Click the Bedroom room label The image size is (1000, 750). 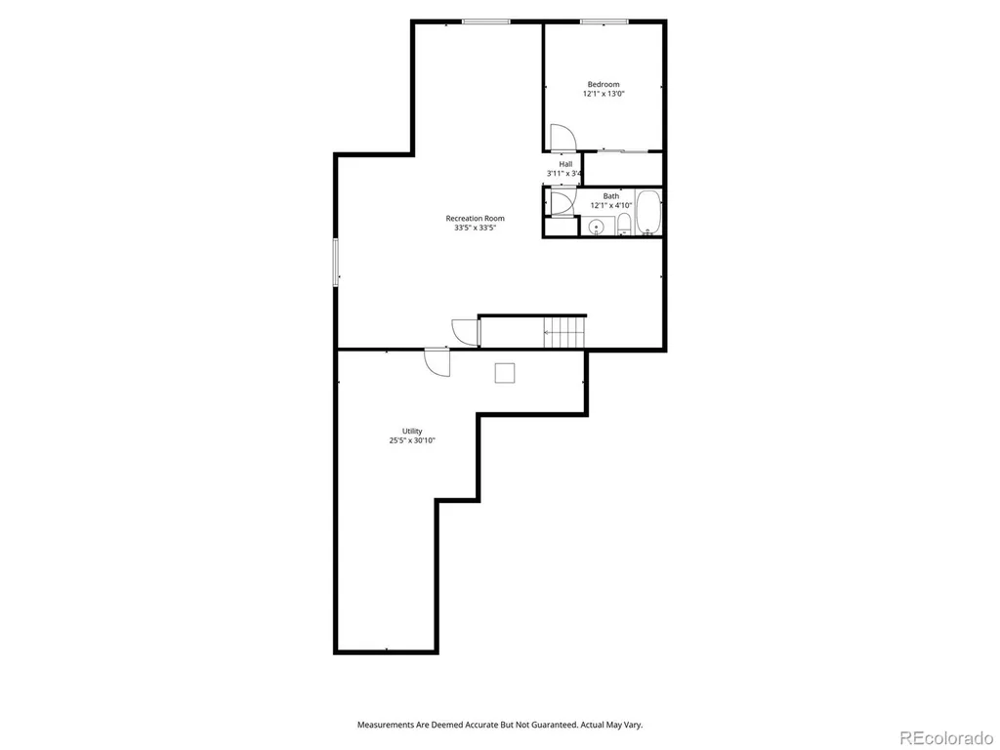coord(604,84)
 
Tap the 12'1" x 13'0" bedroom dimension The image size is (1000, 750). coord(604,94)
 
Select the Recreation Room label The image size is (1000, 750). coord(476,218)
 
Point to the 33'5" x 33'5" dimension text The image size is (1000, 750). coord(476,228)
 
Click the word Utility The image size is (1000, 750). coord(412,431)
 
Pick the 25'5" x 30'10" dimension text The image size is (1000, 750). coord(412,440)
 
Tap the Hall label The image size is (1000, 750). coord(565,164)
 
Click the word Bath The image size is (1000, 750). coord(611,196)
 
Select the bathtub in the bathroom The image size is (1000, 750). coord(648,212)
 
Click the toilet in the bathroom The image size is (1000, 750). coord(624,225)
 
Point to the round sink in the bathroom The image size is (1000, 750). coord(597,227)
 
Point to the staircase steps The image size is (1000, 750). coord(564,332)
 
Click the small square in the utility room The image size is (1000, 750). coord(505,373)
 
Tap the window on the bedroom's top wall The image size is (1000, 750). coord(604,22)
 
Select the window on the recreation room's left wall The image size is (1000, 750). coord(336,262)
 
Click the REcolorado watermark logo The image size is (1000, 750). coord(945,738)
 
